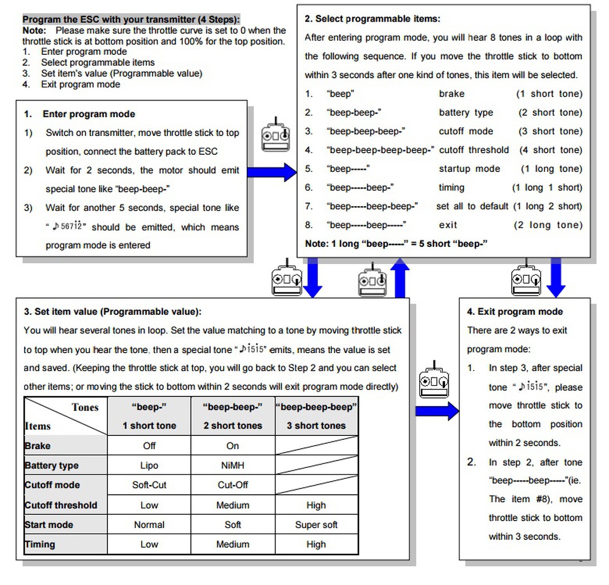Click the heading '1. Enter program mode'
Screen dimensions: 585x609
(x=89, y=114)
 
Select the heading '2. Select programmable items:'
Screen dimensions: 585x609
(x=372, y=19)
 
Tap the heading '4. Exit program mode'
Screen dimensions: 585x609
(x=515, y=312)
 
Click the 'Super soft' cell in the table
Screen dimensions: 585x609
(x=316, y=524)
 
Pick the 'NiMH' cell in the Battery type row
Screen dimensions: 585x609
(x=233, y=466)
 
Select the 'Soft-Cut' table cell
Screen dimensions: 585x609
(x=149, y=485)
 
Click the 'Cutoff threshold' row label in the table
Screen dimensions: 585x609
(x=61, y=505)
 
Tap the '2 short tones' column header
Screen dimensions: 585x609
(x=233, y=426)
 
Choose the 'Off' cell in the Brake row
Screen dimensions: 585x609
(x=149, y=446)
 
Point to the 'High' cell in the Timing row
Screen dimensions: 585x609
(x=316, y=544)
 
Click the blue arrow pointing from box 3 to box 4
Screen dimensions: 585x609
(x=436, y=411)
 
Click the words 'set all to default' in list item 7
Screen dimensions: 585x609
(x=472, y=206)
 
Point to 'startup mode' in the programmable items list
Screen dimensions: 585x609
(x=469, y=169)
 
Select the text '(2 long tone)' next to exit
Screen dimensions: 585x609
(x=548, y=225)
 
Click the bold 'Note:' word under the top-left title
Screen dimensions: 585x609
(x=34, y=30)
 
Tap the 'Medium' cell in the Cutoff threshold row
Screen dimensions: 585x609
(x=233, y=505)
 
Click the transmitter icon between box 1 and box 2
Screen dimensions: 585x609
(x=275, y=135)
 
